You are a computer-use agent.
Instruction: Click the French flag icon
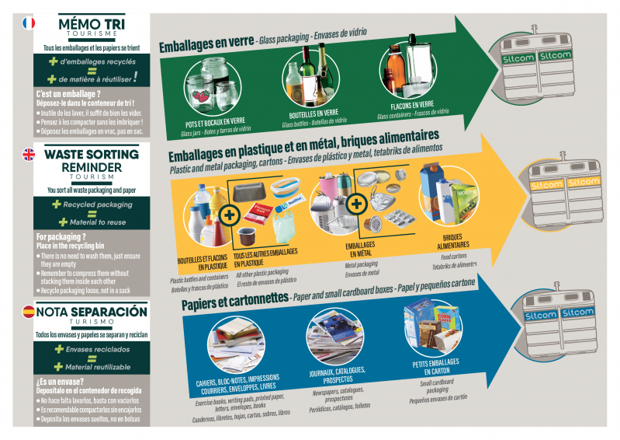pos(29,23)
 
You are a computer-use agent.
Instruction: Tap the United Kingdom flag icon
pos(29,154)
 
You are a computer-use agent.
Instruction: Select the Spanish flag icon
pos(29,312)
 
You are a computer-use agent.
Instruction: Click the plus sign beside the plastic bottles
pos(230,215)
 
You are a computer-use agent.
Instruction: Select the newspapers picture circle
pos(334,335)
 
